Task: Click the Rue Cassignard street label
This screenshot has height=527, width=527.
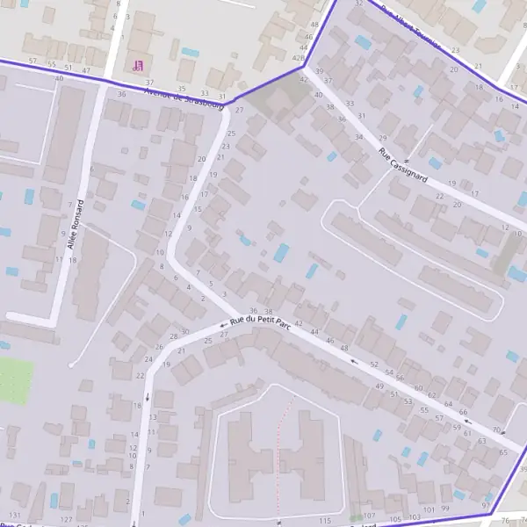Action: click(403, 164)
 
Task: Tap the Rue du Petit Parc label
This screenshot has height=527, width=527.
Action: click(260, 322)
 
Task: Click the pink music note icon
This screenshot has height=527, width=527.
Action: click(136, 64)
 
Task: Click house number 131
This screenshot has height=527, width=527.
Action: click(14, 515)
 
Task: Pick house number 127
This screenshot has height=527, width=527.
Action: click(66, 520)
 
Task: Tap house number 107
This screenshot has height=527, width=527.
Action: click(370, 516)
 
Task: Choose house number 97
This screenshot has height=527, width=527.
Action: click(486, 506)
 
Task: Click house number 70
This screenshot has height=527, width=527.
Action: click(497, 430)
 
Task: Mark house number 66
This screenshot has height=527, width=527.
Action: click(463, 412)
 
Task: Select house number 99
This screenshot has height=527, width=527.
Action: click(445, 509)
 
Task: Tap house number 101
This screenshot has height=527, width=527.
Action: click(429, 509)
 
